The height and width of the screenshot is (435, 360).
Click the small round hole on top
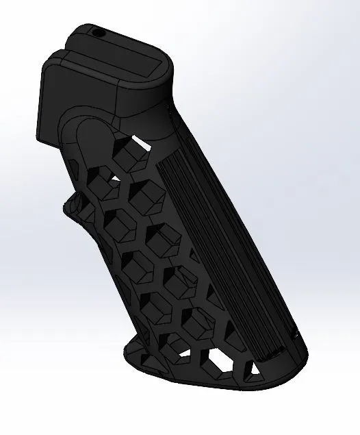pos(96,31)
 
